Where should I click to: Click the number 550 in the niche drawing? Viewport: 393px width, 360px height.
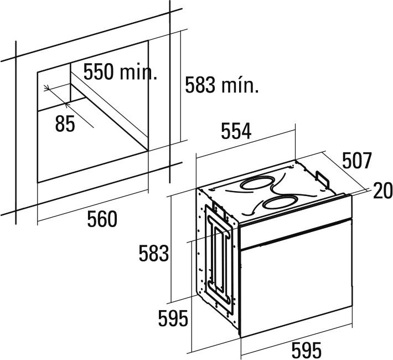[x=99, y=72]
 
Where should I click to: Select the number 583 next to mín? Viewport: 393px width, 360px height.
[x=200, y=85]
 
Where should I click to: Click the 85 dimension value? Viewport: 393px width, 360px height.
[x=65, y=124]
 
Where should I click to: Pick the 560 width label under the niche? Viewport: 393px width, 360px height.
[x=102, y=219]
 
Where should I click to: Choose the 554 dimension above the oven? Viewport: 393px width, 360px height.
[x=236, y=131]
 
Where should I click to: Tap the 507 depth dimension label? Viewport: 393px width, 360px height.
[x=356, y=161]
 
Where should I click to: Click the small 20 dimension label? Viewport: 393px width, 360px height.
[x=382, y=191]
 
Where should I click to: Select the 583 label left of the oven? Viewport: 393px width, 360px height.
[x=154, y=253]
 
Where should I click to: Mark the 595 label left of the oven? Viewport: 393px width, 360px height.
[x=173, y=318]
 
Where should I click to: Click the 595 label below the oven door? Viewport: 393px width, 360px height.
[x=306, y=350]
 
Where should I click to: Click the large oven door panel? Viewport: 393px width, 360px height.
[x=296, y=278]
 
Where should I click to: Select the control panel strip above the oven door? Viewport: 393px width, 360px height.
[x=296, y=222]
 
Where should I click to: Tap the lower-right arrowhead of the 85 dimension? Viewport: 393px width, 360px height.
[x=66, y=104]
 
